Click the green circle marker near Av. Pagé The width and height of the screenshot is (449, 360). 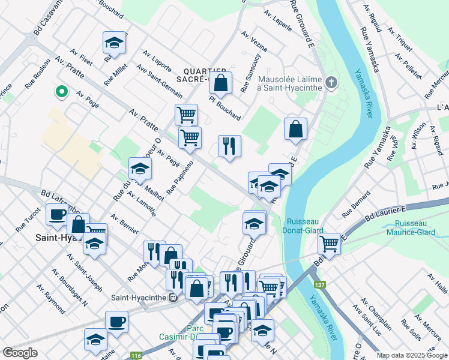pos(61,92)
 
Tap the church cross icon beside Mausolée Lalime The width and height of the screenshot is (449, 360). pos(331,82)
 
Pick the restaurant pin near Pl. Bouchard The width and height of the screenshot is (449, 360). pos(229,146)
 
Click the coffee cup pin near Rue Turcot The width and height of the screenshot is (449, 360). pos(58,215)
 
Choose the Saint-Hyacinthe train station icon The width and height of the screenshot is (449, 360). pos(173,296)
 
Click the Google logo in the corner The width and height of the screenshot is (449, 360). pos(20,352)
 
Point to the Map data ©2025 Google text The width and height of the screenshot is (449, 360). pos(412,355)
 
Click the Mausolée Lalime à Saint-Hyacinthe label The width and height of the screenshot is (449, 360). pos(291,83)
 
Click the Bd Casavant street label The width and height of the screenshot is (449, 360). pos(47,14)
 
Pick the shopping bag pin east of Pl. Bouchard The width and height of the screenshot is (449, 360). pos(296,128)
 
